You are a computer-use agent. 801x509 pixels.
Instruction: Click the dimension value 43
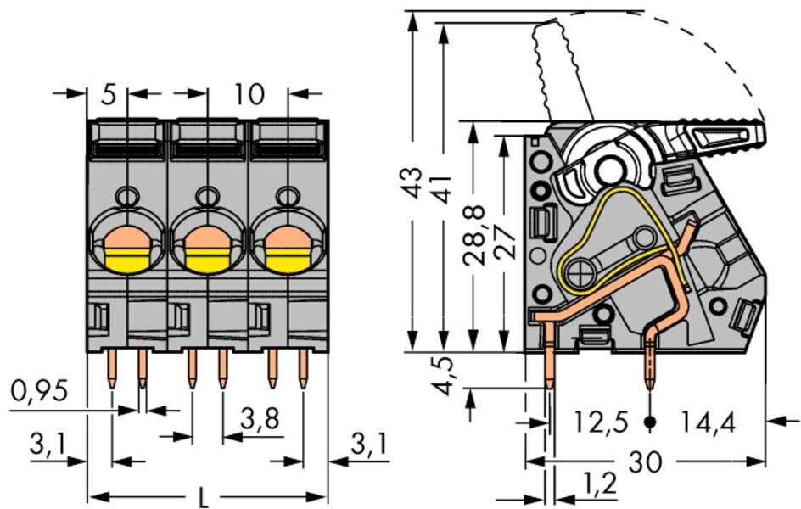[413, 182]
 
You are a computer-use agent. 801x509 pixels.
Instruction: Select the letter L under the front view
[203, 496]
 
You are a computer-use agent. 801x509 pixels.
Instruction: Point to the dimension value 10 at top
[249, 94]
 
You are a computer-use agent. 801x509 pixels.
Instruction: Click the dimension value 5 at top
[108, 94]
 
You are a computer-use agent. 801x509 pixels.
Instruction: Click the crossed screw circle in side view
[582, 274]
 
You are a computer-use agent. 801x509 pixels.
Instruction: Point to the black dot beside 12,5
[650, 422]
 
